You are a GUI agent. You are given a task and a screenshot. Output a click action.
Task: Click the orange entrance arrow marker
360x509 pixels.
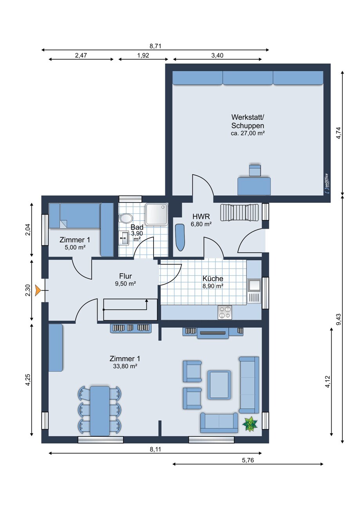click(x=38, y=291)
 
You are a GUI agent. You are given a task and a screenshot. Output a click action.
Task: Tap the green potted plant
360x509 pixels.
click(x=250, y=424)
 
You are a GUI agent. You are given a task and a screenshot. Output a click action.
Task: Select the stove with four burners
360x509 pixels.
click(x=225, y=312)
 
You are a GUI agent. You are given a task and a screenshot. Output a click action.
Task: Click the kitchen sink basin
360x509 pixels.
click(x=254, y=285)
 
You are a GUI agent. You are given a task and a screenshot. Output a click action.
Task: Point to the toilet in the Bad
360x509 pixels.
click(x=126, y=218)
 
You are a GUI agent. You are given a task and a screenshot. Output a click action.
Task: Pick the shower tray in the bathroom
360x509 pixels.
click(x=157, y=214)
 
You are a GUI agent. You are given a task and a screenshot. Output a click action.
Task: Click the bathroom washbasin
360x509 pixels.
click(x=124, y=238)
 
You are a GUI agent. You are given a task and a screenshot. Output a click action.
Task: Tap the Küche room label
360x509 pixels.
click(x=213, y=278)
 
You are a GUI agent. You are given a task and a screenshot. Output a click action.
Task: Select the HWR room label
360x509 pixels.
click(x=201, y=216)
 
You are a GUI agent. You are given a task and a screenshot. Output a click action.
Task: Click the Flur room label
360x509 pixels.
click(x=125, y=276)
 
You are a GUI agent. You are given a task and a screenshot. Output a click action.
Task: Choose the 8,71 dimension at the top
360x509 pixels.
click(x=155, y=46)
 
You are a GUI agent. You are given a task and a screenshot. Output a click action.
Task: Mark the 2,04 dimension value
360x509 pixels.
click(x=28, y=230)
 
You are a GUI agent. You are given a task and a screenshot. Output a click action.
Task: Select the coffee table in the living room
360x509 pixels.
click(x=219, y=385)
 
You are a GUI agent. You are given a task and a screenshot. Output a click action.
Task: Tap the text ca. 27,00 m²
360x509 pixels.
click(x=248, y=133)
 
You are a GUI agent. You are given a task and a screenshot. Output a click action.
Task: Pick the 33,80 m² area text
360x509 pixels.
click(x=125, y=366)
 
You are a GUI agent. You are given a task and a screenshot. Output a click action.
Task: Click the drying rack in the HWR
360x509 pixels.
click(x=239, y=212)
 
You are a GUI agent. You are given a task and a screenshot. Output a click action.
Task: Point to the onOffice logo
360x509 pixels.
click(x=326, y=183)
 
